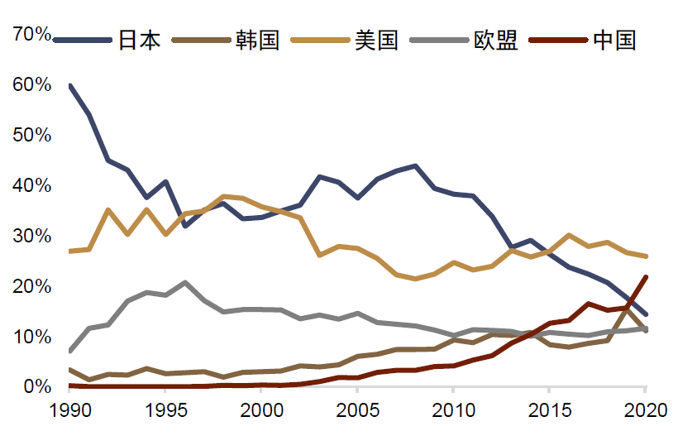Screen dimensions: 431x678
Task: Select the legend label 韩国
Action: point(257,40)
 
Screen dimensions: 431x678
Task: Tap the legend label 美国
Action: point(376,40)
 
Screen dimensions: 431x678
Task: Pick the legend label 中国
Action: point(614,40)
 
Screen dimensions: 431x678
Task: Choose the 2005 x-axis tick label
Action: point(358,409)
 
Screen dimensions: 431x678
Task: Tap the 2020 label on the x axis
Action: point(645,409)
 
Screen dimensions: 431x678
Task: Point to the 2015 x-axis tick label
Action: point(549,409)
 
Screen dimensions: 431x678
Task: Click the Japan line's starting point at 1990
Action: point(71,85)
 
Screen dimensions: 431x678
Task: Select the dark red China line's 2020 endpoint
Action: point(645,277)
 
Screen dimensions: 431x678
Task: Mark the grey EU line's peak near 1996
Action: point(185,283)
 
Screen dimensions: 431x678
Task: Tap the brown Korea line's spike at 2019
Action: point(626,308)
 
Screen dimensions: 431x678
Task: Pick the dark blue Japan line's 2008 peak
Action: point(415,165)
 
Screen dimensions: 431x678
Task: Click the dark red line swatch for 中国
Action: point(559,40)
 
